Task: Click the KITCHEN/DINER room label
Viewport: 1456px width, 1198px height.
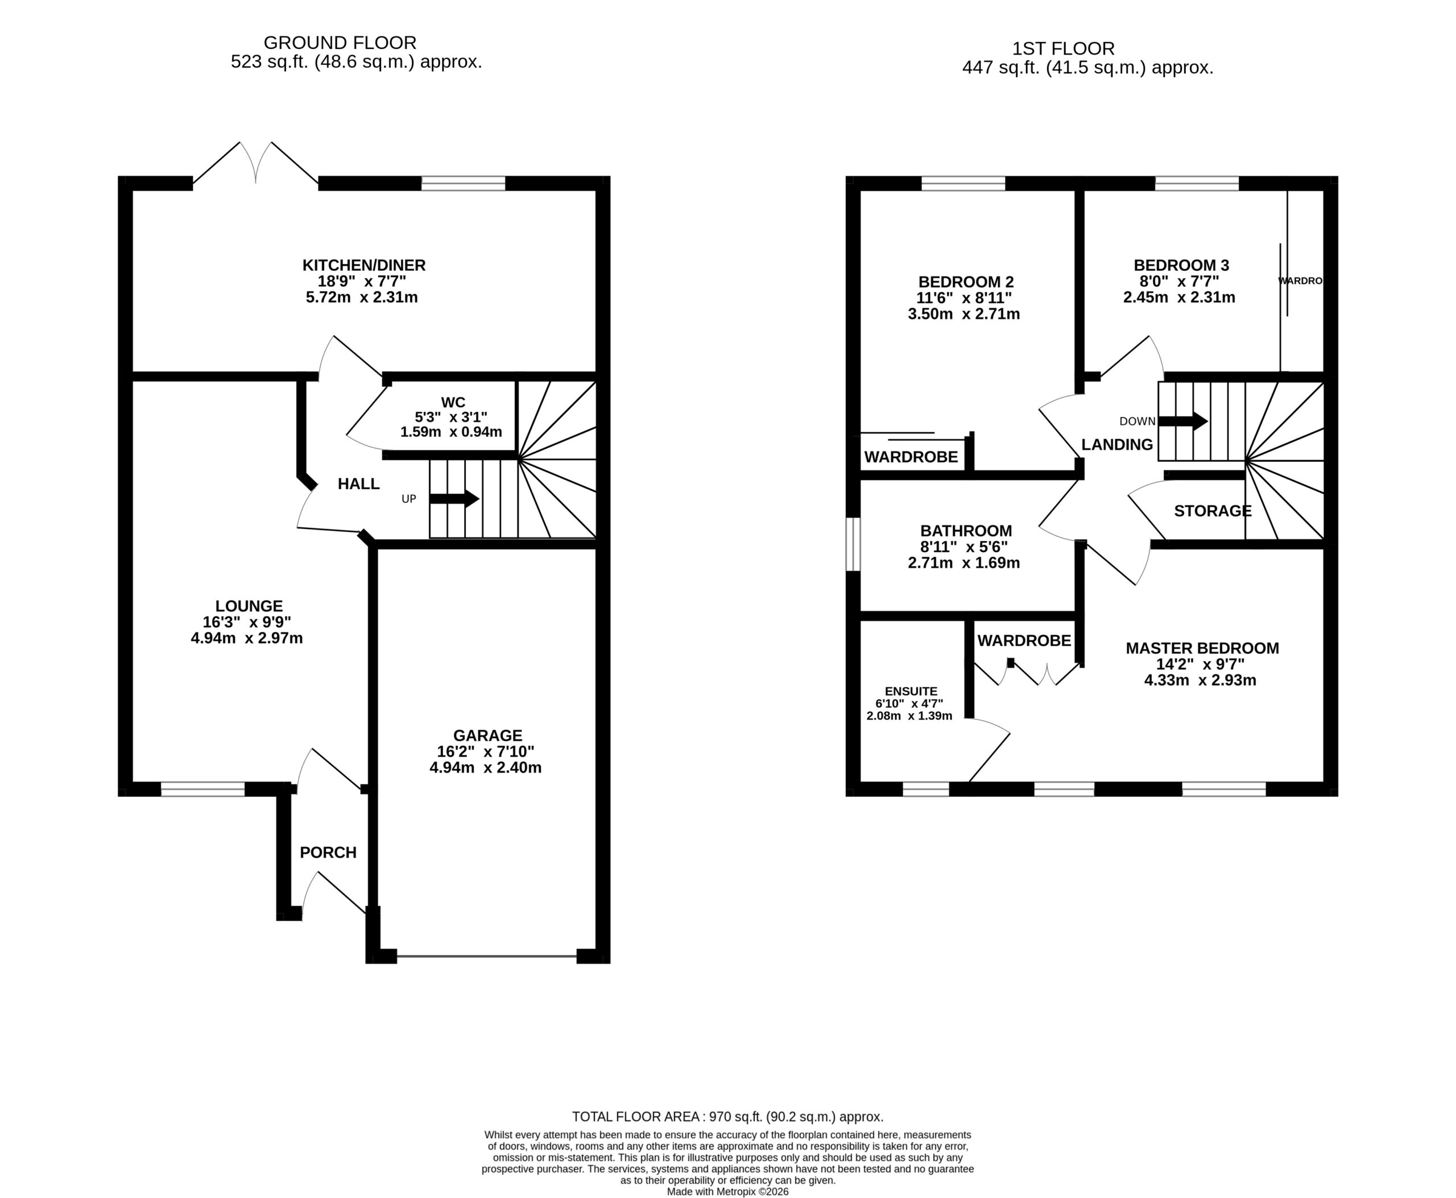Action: point(363,265)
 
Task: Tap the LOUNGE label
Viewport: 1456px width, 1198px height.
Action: point(249,606)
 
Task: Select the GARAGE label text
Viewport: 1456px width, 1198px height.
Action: point(487,736)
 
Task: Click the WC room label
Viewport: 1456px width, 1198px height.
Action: point(453,402)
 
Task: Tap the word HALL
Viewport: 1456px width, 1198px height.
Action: point(358,484)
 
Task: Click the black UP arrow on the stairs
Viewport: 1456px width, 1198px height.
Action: point(454,498)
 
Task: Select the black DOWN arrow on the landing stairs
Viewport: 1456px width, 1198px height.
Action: point(1183,420)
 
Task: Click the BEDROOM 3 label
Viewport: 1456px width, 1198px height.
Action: point(1181,265)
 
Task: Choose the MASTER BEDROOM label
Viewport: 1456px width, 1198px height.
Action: point(1202,648)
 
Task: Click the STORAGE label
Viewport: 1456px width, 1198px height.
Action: point(1213,511)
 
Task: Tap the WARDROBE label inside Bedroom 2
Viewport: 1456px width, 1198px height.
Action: point(911,457)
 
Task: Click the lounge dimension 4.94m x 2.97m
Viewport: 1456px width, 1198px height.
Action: point(246,638)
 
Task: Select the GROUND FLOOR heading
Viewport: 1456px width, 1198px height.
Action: point(340,43)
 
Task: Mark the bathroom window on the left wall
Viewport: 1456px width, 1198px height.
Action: point(854,544)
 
